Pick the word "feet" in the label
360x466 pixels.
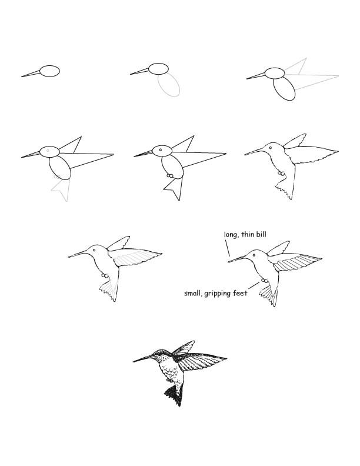[247, 292]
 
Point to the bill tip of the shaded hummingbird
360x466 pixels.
[135, 360]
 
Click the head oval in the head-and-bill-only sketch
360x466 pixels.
[50, 71]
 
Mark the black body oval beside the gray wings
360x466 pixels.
[285, 89]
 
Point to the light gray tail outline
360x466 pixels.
[62, 188]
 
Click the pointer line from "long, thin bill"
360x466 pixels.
[227, 248]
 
